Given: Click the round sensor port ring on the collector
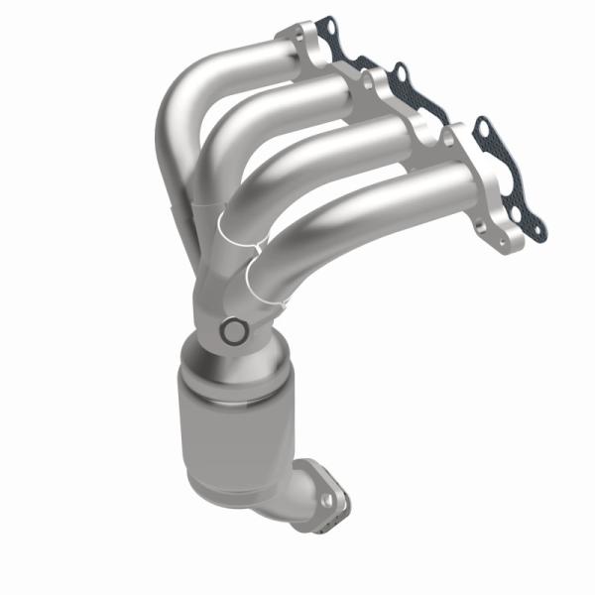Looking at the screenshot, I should (x=233, y=331).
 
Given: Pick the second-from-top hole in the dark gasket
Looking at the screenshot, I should (x=401, y=71).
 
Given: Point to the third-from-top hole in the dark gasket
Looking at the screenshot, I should (x=484, y=127).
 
